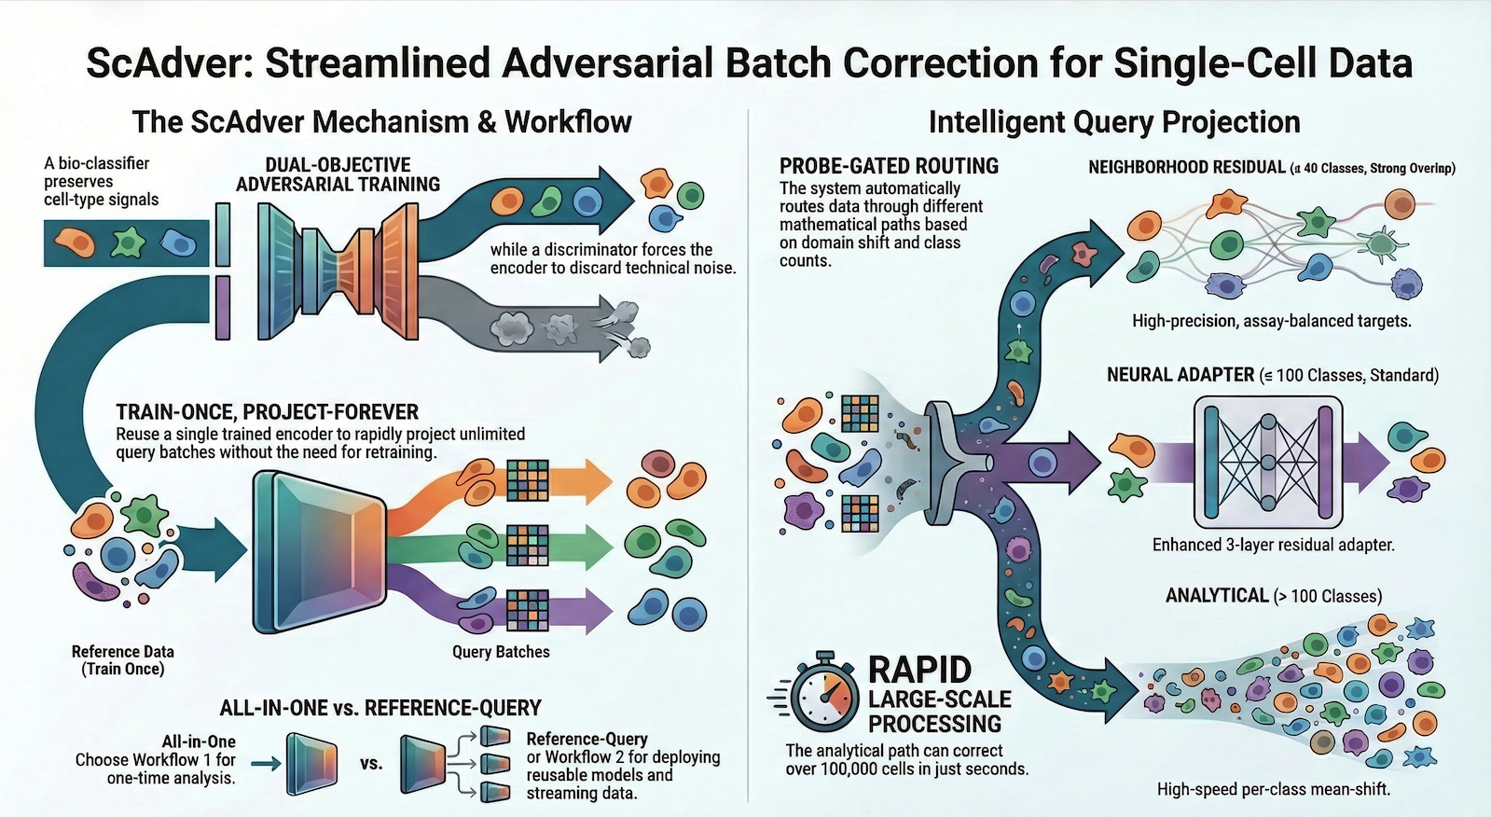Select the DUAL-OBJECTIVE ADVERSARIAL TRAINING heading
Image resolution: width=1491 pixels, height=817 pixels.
[x=338, y=174]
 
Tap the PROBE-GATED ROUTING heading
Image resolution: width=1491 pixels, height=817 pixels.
[x=889, y=166]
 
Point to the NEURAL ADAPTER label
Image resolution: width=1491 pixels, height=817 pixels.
[x=1180, y=375]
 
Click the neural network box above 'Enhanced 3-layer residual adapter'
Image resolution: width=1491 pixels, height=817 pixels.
[x=1267, y=462]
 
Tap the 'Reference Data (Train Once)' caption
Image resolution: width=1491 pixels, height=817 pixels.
[x=123, y=660]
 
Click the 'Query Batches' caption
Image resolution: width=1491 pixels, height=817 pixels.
[x=501, y=652]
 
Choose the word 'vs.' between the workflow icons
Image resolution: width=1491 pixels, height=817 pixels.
[x=371, y=764]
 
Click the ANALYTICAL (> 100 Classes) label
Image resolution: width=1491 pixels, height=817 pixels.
[x=1273, y=596]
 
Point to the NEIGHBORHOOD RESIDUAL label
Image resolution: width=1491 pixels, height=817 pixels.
[x=1186, y=168]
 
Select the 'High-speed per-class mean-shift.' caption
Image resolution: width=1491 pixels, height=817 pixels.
[x=1273, y=789]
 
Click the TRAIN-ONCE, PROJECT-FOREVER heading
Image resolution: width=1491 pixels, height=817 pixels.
[x=267, y=412]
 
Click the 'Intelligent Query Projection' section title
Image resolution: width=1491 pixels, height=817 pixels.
[x=1113, y=122]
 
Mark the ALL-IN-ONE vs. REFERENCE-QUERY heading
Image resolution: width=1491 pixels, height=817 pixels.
[x=380, y=708]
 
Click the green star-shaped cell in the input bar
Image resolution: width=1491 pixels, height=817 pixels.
[x=128, y=243]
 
